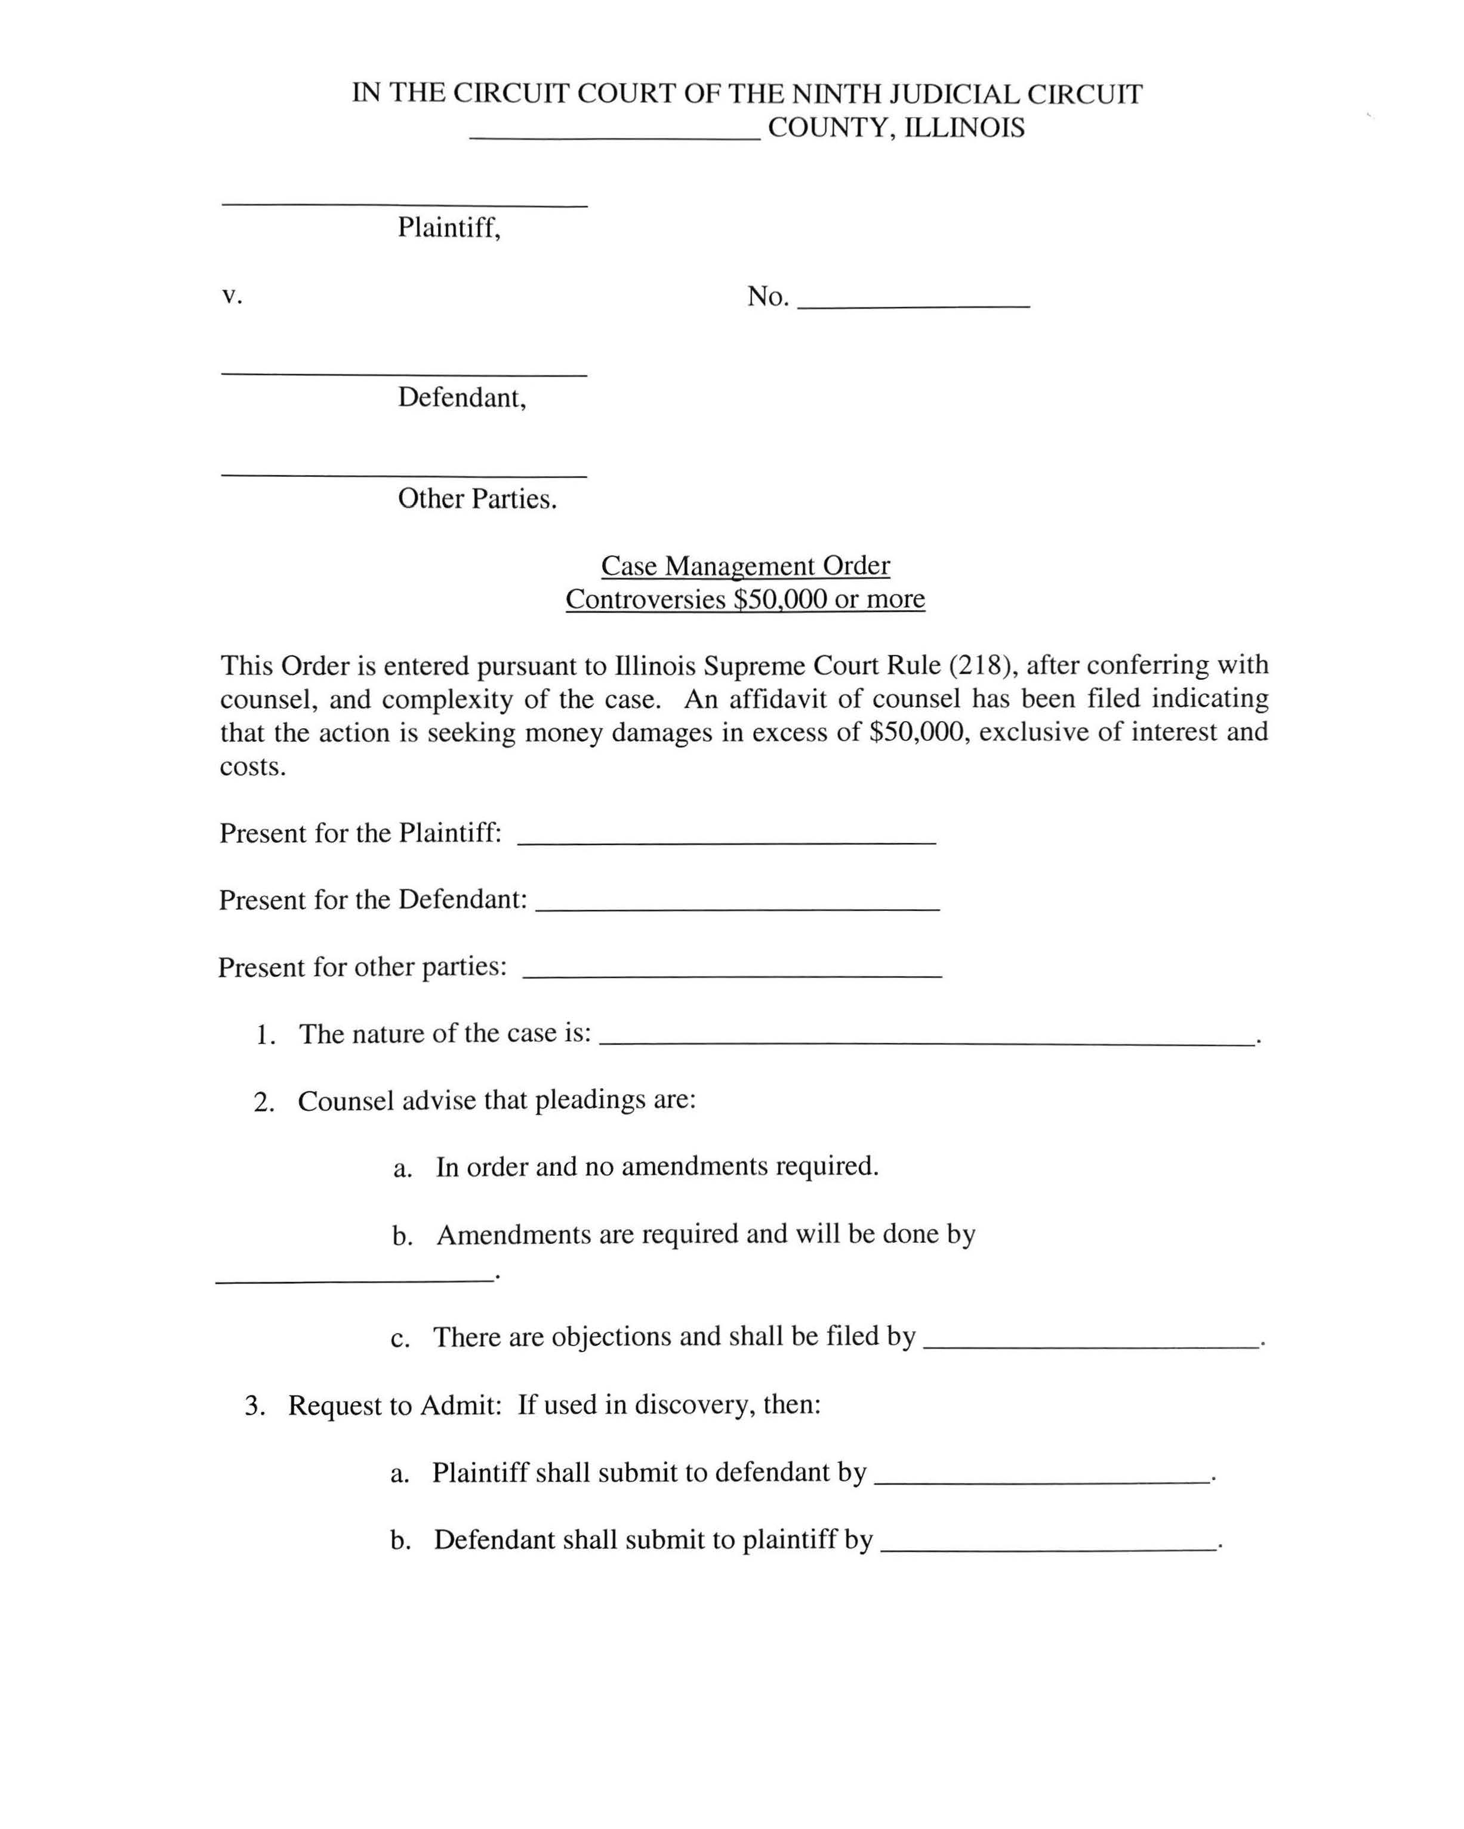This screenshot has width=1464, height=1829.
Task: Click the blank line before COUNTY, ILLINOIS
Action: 615,136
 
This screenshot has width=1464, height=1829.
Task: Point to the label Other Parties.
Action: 477,499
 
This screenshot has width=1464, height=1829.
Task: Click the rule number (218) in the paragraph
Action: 983,664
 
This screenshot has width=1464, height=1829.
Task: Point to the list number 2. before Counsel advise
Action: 263,1102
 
